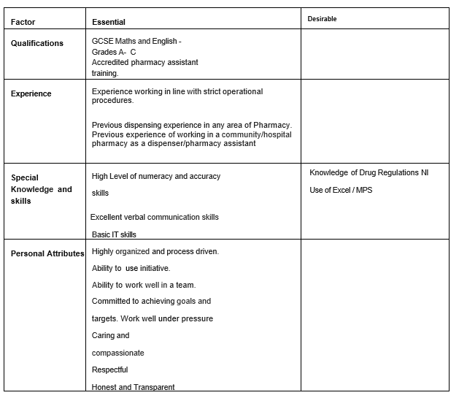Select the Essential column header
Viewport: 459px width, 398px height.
[108, 23]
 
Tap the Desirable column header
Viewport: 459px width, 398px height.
[322, 19]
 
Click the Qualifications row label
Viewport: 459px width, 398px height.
[37, 43]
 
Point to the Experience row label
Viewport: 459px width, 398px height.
[31, 93]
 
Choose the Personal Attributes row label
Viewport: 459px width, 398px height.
[47, 253]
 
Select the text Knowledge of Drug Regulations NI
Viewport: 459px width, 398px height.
[369, 173]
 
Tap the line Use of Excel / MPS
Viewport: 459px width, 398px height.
[341, 191]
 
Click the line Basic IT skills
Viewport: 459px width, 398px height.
[114, 234]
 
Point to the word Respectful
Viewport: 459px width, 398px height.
[109, 370]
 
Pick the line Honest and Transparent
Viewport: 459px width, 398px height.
[133, 387]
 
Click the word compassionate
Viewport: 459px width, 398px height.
[117, 353]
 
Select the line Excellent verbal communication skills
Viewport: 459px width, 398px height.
[154, 217]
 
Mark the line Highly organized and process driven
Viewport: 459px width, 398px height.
[155, 251]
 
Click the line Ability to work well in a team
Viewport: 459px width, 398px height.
[143, 285]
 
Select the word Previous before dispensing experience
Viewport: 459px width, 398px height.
[107, 126]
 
